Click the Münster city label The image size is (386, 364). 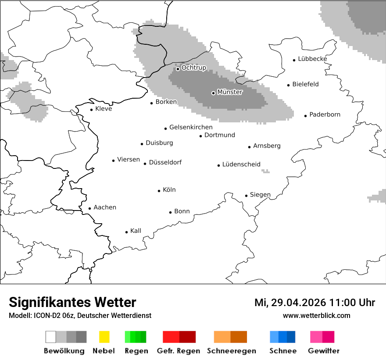point(230,92)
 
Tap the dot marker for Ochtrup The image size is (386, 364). point(178,68)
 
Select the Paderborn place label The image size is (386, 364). point(325,115)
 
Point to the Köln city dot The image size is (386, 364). point(159,191)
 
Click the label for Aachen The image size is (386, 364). point(105,207)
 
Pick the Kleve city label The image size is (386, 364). point(104,109)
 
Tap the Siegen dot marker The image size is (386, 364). point(246,196)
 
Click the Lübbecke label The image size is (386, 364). point(312,59)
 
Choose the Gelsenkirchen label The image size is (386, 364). point(191,128)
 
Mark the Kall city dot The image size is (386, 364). point(127,232)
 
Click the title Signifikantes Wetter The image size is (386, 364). point(72,303)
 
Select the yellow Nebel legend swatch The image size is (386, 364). point(104,337)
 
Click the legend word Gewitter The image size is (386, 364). point(324,351)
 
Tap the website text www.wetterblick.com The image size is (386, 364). point(316,315)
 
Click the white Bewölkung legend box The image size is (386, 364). point(51,337)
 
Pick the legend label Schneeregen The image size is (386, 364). point(232,351)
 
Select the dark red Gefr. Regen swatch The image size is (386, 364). point(187,337)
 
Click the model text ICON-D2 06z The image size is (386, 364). point(52,315)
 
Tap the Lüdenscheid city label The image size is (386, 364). point(241,164)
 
